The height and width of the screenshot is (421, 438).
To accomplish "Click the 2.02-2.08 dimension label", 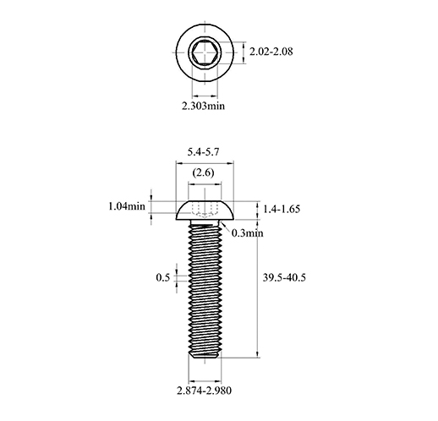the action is (x=271, y=52).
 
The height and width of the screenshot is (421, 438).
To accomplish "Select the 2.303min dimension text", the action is (x=203, y=106).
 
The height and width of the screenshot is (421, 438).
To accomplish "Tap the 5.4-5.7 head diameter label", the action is (x=203, y=152).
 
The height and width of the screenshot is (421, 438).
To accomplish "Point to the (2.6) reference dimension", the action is (x=203, y=172).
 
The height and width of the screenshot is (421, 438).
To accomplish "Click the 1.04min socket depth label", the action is (x=127, y=206).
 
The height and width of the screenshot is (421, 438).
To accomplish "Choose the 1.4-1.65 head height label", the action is (x=282, y=209).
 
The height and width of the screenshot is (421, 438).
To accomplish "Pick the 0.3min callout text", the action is (x=248, y=233).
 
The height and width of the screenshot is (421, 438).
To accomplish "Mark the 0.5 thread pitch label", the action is (x=163, y=277).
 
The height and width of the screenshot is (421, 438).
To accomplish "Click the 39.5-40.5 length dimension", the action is (x=284, y=277).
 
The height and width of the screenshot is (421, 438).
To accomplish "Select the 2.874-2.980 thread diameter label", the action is (x=205, y=391).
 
